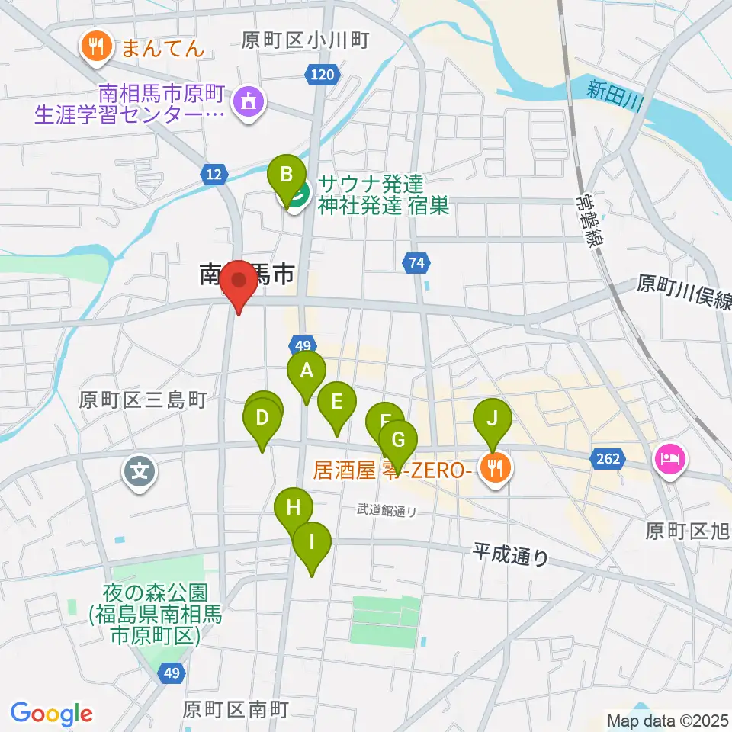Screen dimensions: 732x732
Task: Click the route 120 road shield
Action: (323, 74)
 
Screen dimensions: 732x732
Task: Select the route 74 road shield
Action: (416, 264)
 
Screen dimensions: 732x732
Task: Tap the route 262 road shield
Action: (607, 459)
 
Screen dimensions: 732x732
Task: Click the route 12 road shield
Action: (216, 175)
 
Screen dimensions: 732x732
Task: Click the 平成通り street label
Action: (510, 554)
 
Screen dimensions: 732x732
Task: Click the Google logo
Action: (51, 713)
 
